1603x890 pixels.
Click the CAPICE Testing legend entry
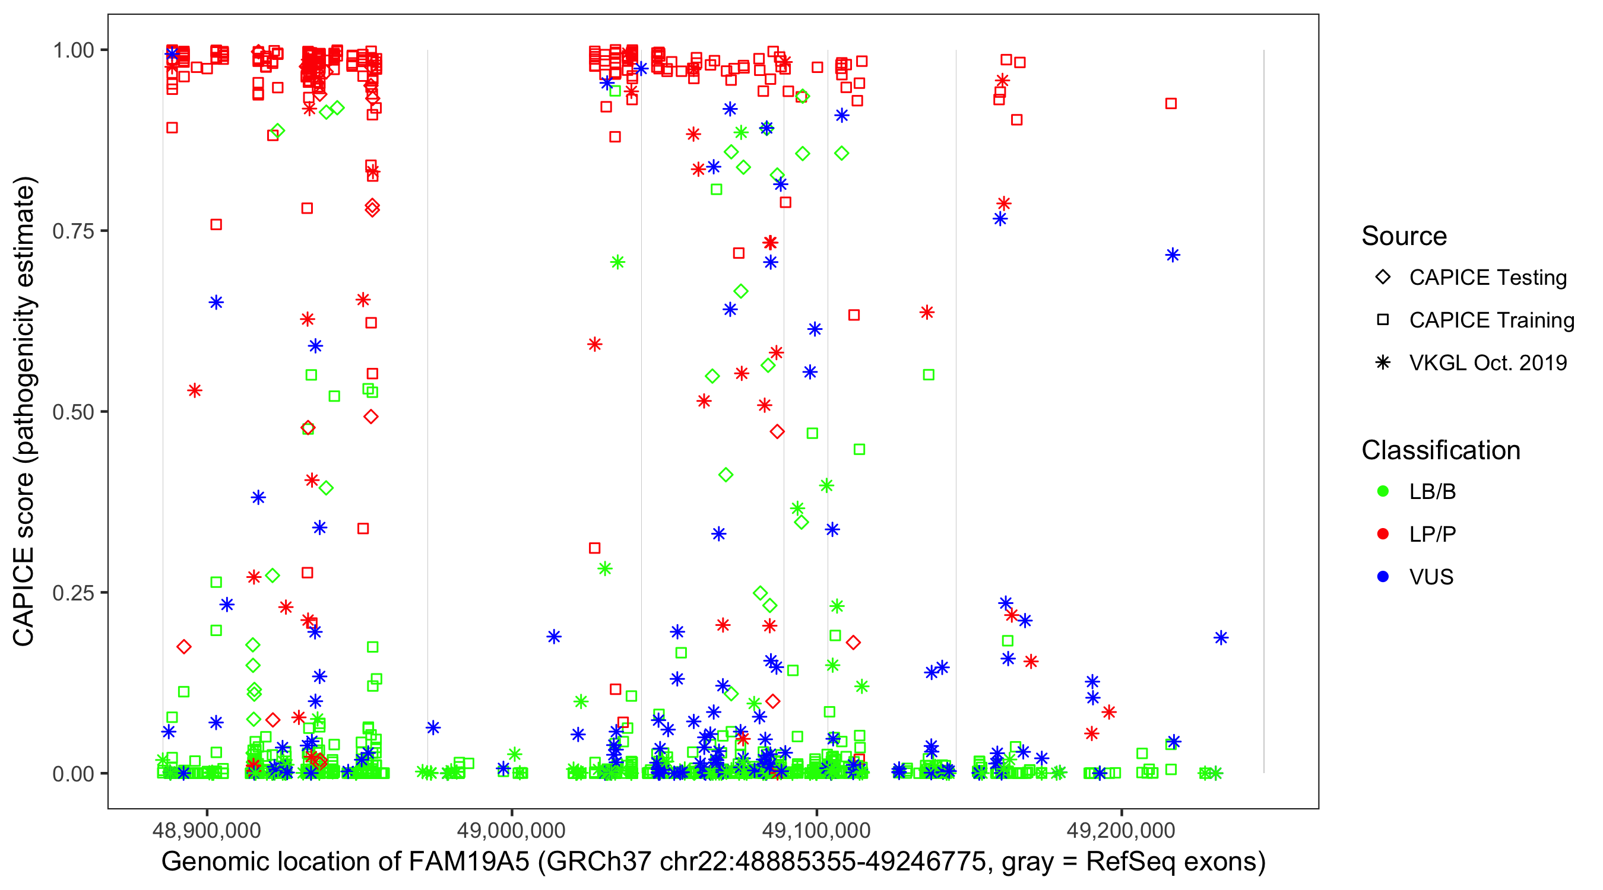point(1487,278)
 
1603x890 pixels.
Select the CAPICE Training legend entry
point(1491,320)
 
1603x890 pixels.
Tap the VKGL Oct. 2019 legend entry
point(1487,363)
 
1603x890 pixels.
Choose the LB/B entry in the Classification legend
point(1432,492)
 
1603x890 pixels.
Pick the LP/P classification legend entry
point(1432,534)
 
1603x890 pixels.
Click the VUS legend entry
point(1431,577)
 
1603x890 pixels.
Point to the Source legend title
point(1404,236)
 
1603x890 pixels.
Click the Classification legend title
point(1440,450)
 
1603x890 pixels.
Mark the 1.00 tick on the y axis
point(73,50)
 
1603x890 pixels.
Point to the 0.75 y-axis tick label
point(73,231)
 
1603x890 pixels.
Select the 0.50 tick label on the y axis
point(73,412)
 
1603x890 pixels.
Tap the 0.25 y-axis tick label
point(73,593)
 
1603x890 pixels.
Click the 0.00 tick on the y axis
point(73,774)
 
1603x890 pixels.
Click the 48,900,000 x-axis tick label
point(207,829)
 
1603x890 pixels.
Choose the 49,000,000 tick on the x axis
point(512,829)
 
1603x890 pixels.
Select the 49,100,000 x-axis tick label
point(816,829)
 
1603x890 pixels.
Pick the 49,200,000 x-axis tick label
point(1122,829)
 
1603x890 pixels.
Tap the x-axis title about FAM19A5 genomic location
point(713,862)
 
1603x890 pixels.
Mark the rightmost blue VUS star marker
point(1221,637)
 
